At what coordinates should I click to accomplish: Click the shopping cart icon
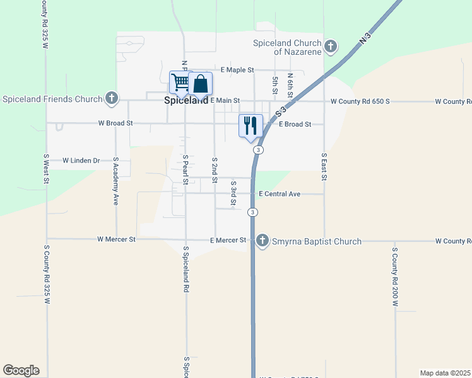click(x=180, y=83)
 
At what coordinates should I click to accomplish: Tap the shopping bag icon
click(x=200, y=83)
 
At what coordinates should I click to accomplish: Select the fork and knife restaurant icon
click(x=251, y=125)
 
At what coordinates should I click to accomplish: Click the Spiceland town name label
click(x=186, y=100)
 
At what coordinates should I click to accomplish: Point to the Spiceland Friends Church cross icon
click(x=111, y=98)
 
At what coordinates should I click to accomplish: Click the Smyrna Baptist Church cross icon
click(x=263, y=241)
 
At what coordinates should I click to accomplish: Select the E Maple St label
click(x=237, y=69)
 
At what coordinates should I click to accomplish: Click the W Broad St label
click(x=114, y=123)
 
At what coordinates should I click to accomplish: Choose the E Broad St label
click(x=295, y=124)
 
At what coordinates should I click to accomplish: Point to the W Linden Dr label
click(x=81, y=161)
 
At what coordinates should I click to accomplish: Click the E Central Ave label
click(x=280, y=194)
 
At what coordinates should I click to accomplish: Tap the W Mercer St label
click(x=117, y=239)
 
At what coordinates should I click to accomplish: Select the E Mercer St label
click(x=228, y=240)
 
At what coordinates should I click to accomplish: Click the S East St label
click(x=324, y=167)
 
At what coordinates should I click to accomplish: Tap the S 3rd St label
click(x=233, y=193)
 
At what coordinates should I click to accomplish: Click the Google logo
click(x=21, y=370)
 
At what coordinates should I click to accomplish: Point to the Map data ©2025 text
click(x=445, y=372)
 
